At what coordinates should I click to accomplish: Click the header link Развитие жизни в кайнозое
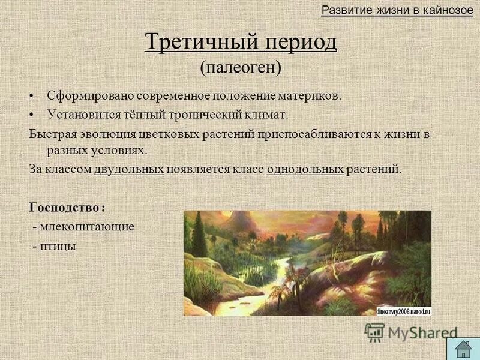coord(397,10)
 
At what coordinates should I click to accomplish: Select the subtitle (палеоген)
coord(241,67)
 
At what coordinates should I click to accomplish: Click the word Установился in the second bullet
coord(84,113)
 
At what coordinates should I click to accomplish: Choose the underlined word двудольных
coord(129,169)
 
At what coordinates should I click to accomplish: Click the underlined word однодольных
coord(305,169)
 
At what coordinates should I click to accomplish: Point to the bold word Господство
coord(64,207)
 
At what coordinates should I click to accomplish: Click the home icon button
coord(462,348)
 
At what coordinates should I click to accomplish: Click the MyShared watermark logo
coord(411,332)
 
